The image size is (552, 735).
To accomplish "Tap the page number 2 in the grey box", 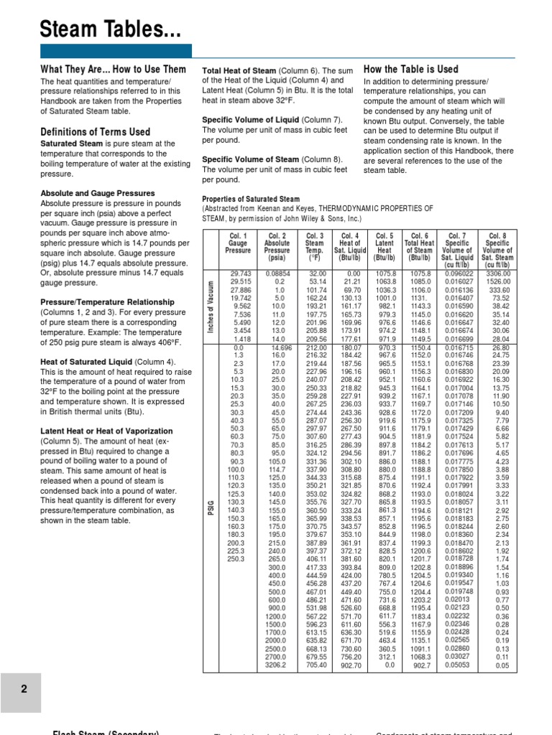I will pos(24,688).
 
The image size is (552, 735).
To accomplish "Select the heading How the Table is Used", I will pos(410,69).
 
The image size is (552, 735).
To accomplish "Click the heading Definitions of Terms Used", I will pos(96,131).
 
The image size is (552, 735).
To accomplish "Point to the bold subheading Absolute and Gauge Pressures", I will pos(98,193).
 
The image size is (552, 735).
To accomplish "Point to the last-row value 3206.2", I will pos(277,665).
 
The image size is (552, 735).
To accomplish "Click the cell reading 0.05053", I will pos(459,665).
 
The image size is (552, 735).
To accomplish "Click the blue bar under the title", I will pos(115,50).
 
